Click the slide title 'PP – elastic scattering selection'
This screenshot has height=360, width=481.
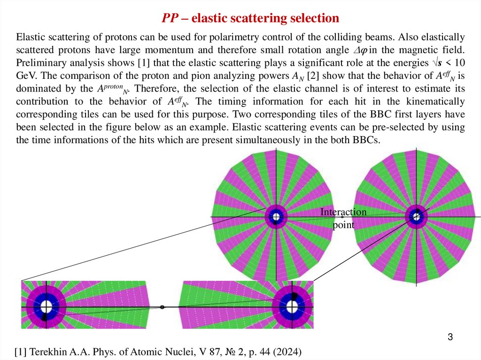click(250, 18)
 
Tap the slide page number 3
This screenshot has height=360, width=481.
click(450, 337)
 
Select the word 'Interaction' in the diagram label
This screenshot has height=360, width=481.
click(343, 212)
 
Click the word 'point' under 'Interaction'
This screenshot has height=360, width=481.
click(343, 225)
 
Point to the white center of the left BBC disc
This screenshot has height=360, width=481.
click(276, 217)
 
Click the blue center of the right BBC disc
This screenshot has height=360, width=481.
click(415, 216)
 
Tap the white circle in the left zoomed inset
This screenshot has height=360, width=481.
click(46, 307)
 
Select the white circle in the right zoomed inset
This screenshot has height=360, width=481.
click(292, 307)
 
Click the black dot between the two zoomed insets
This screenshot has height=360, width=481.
click(162, 307)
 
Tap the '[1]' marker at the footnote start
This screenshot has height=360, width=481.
click(22, 352)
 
